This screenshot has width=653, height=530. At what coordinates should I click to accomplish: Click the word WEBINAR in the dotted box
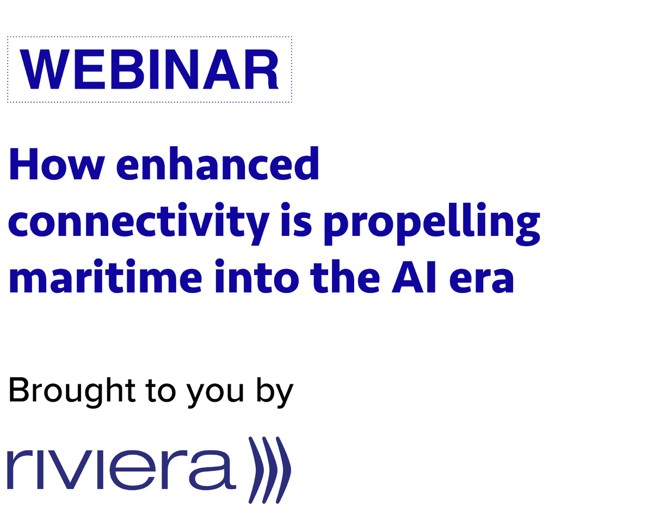coord(149,69)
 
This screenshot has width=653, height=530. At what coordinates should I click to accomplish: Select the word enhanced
coord(218,163)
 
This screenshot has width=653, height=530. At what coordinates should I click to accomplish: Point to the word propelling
coord(432,223)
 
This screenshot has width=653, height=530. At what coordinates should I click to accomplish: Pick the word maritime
coord(105,277)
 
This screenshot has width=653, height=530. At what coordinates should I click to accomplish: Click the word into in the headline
coord(257,277)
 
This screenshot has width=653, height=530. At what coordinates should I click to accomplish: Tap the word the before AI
coord(345,277)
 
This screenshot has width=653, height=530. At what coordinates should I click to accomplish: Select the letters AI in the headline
coord(414,277)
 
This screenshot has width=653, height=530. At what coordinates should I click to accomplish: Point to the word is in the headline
coord(296,220)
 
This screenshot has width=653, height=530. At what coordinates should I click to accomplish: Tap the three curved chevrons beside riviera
coord(269,470)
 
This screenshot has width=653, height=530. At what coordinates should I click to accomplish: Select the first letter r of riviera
coord(20,469)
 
